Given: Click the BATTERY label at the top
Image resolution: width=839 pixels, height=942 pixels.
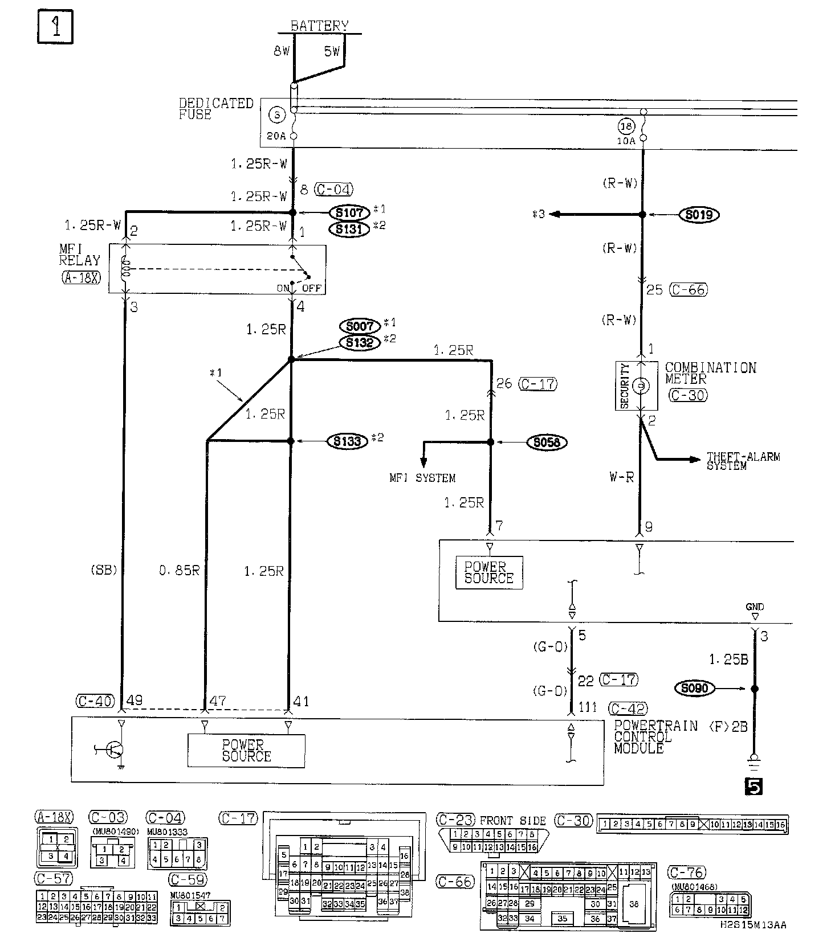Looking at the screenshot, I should click(319, 26).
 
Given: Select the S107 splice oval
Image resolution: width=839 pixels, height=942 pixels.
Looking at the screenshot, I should click(349, 213).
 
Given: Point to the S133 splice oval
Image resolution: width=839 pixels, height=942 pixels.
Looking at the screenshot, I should click(348, 441).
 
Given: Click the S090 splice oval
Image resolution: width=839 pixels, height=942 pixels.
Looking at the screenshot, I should click(694, 689).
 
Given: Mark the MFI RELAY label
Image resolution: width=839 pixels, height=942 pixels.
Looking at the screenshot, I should click(79, 255).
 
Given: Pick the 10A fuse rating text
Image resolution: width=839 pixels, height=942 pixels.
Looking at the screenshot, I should click(625, 140).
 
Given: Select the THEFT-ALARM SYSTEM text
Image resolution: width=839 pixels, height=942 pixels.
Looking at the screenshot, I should click(743, 461).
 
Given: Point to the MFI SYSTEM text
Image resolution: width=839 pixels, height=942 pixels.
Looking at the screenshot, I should click(422, 478).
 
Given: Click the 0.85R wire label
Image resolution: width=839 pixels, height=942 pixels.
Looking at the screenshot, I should click(179, 571).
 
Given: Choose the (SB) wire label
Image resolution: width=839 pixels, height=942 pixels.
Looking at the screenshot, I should click(103, 570).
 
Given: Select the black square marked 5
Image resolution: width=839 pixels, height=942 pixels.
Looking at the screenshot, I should click(753, 787).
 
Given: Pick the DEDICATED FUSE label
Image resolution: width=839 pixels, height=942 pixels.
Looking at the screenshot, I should click(215, 109).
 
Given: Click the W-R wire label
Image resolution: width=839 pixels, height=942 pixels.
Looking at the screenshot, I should click(621, 477).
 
